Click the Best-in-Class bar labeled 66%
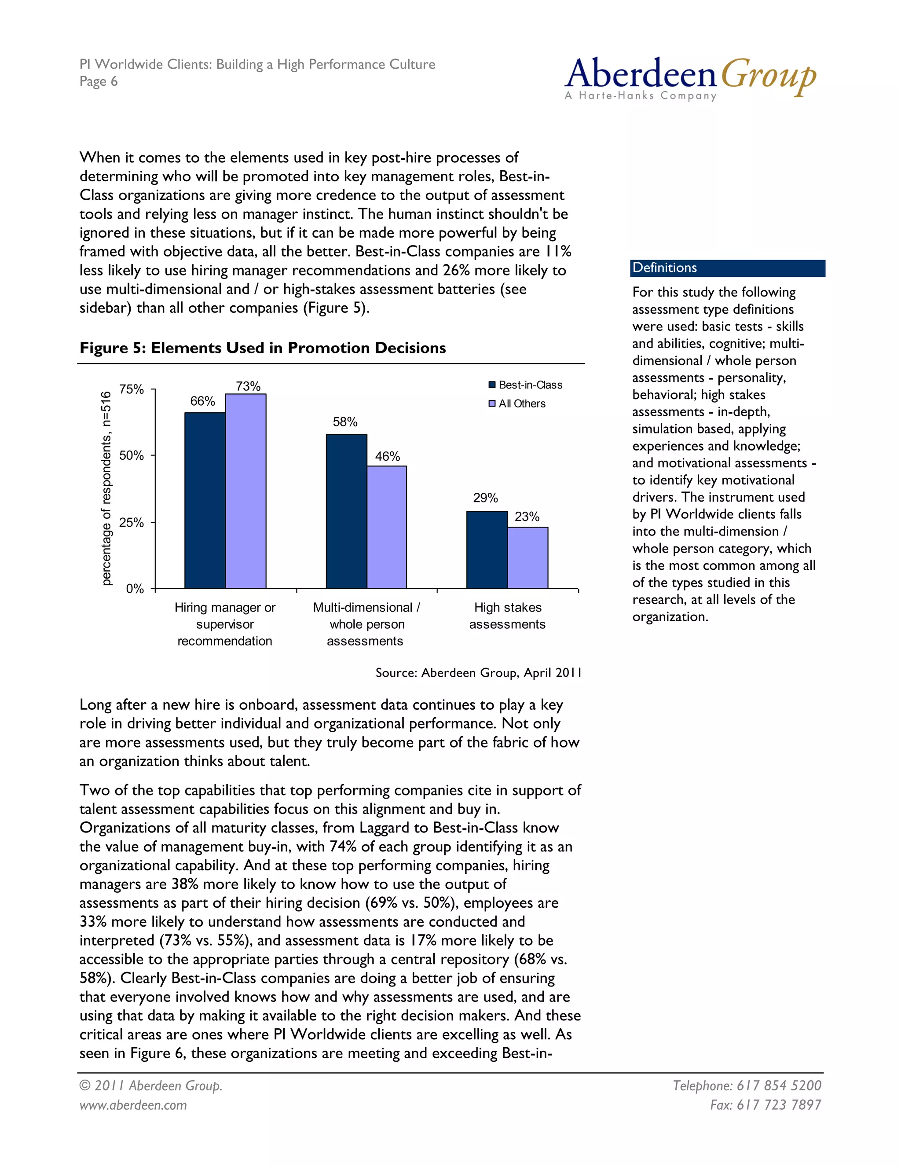[x=205, y=500]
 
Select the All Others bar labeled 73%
[x=245, y=491]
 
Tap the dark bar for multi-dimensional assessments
[x=346, y=511]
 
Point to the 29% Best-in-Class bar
[x=487, y=550]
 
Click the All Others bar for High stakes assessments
[x=527, y=558]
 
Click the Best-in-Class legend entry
[x=525, y=385]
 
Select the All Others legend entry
[x=517, y=403]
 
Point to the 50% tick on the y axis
[x=131, y=455]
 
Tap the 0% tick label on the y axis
[x=135, y=589]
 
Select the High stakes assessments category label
[x=507, y=616]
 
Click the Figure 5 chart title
[x=263, y=348]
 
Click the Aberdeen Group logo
[x=690, y=78]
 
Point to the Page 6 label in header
[x=98, y=81]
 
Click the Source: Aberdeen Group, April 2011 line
[x=478, y=673]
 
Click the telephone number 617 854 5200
[x=747, y=1085]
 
